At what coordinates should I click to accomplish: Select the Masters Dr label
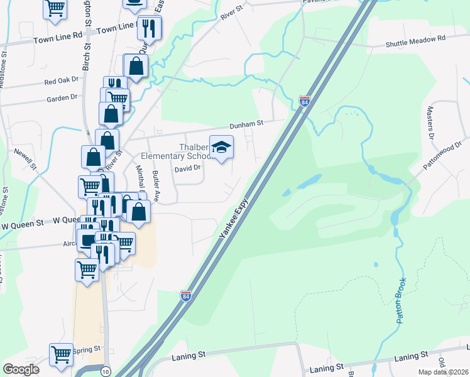tap(430, 123)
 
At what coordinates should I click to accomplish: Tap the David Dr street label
tap(187, 168)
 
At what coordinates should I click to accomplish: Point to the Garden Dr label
tap(61, 98)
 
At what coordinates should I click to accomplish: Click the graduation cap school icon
tap(221, 148)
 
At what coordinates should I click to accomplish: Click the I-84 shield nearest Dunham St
tap(304, 101)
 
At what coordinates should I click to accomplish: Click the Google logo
tap(21, 370)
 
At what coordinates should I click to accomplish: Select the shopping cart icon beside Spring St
tap(61, 354)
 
